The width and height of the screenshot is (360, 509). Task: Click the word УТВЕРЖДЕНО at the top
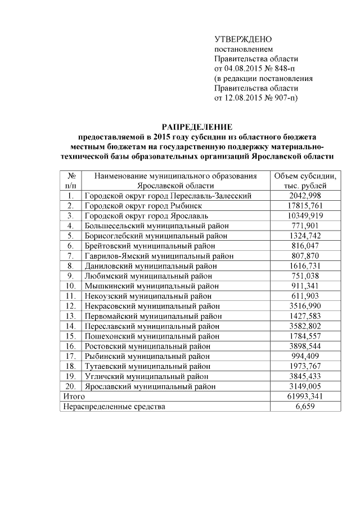tap(243, 39)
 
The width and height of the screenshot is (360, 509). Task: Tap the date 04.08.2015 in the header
tap(242, 69)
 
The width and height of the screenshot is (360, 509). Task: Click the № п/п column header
tap(71, 181)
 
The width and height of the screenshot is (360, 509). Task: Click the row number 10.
tap(71, 286)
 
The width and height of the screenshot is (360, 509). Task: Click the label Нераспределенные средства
tap(114, 407)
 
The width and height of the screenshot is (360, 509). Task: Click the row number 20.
tap(71, 386)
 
